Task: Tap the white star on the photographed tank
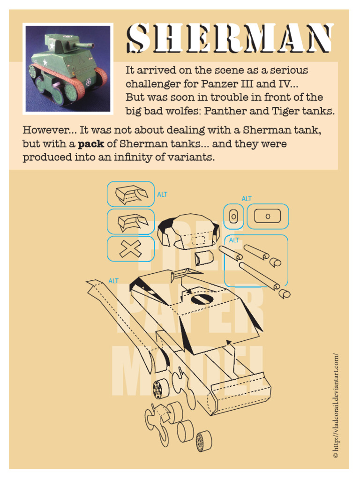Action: [45, 61]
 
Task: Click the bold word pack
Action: [90, 144]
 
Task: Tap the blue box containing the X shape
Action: [130, 249]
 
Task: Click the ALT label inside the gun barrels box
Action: [234, 240]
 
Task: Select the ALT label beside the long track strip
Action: [113, 281]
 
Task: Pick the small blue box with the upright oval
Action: [233, 216]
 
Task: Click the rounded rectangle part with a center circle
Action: [268, 216]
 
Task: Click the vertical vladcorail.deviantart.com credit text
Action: [335, 405]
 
